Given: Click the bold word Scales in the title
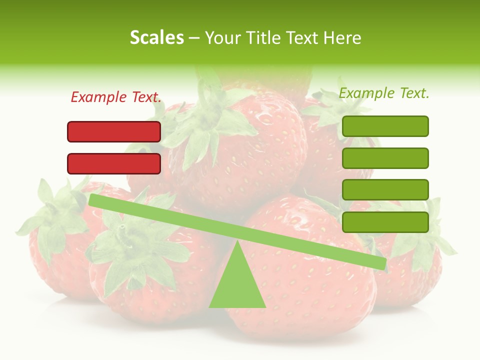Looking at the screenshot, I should pos(156,37).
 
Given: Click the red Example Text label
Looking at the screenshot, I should pos(116,97).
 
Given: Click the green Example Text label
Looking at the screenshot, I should pos(384,93).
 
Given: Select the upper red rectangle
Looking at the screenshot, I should pos(114,131).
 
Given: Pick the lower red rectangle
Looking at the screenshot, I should pos(114,163).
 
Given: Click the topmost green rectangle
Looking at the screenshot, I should pos(385,126).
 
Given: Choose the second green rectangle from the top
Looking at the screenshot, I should pos(385,158).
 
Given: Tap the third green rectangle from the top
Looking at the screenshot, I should pos(385,190).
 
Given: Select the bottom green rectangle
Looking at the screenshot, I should pos(385,222).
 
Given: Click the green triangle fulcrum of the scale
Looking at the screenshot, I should pos(237,285).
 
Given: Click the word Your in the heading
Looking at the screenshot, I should pos(221,37).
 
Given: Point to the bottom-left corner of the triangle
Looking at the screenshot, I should pos(210,306).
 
